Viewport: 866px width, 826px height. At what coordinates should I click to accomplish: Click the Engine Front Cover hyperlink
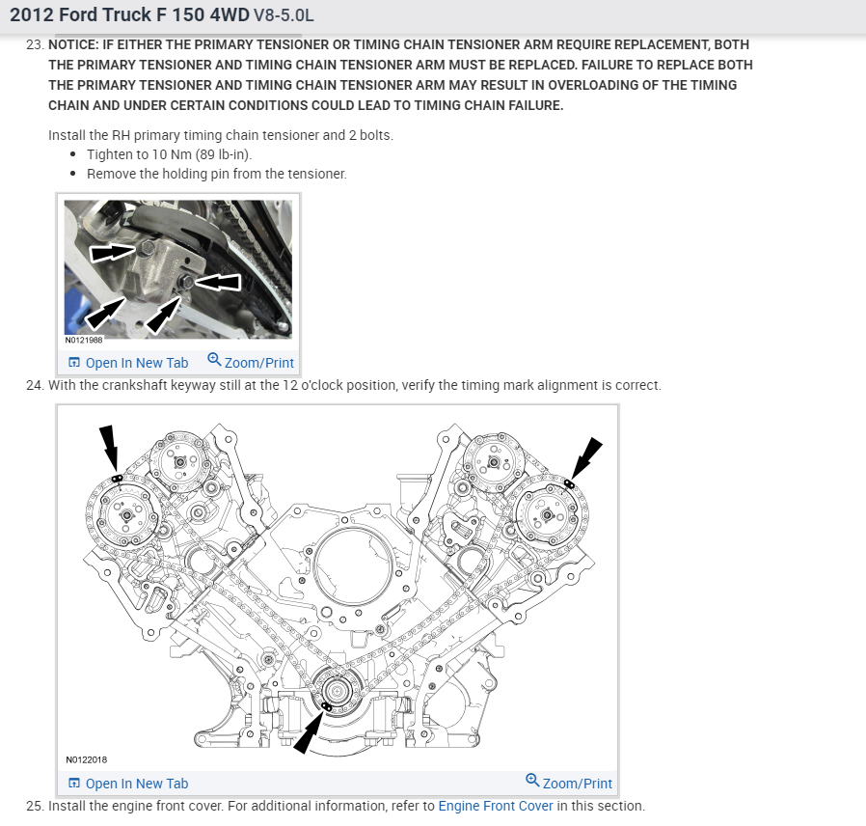coord(496,806)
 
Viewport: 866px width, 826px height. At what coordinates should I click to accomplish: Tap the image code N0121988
coord(84,341)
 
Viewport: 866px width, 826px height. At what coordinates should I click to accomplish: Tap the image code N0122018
coord(87,759)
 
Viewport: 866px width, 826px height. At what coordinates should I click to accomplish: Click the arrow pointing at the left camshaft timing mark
coord(109,449)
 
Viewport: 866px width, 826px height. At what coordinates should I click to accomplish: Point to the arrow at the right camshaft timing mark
coord(585,460)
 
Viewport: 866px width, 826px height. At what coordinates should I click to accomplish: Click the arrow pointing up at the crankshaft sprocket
coord(310,734)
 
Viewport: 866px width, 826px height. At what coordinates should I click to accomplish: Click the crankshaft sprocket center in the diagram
coord(338,691)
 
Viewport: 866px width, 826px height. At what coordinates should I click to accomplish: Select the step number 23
coord(35,45)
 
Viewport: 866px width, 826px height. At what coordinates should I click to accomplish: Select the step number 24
coord(35,385)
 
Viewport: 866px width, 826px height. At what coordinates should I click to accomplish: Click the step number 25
coord(35,806)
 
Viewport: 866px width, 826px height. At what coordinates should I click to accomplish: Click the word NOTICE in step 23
coord(75,45)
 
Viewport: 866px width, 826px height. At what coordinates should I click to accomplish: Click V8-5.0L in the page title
coord(283,16)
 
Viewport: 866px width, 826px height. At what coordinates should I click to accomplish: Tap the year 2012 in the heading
coord(31,16)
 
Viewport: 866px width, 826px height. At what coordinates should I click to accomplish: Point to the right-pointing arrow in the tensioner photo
coord(112,253)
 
